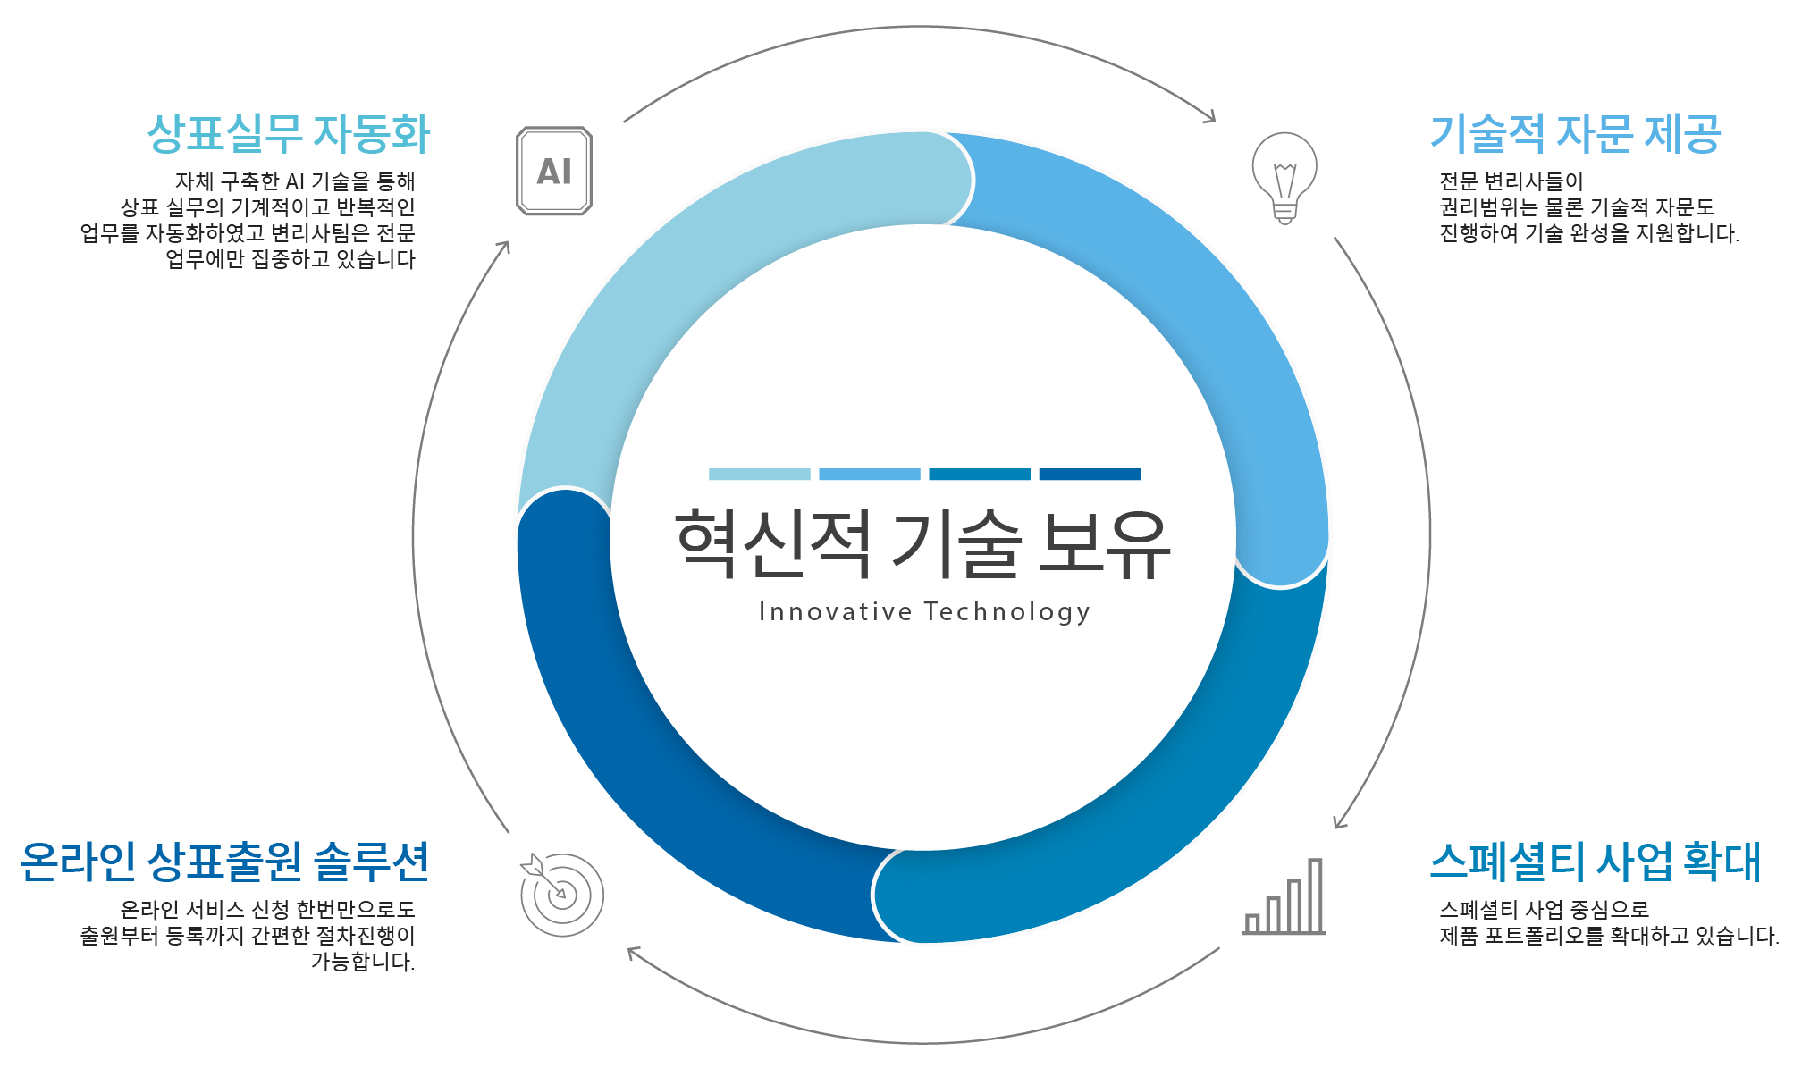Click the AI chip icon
point(554,171)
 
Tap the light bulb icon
point(1284,178)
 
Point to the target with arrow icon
point(562,894)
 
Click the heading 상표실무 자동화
point(289,134)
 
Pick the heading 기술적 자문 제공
point(1576,134)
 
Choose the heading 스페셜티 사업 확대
point(1596,862)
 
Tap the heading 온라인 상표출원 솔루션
point(225,862)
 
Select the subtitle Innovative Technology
point(924,612)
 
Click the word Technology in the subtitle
point(1007,612)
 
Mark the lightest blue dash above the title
point(760,474)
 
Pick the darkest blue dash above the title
point(1090,474)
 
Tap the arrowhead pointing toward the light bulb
point(1209,115)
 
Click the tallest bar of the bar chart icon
point(1315,896)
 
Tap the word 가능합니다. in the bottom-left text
point(363,962)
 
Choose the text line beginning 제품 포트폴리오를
point(1609,936)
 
